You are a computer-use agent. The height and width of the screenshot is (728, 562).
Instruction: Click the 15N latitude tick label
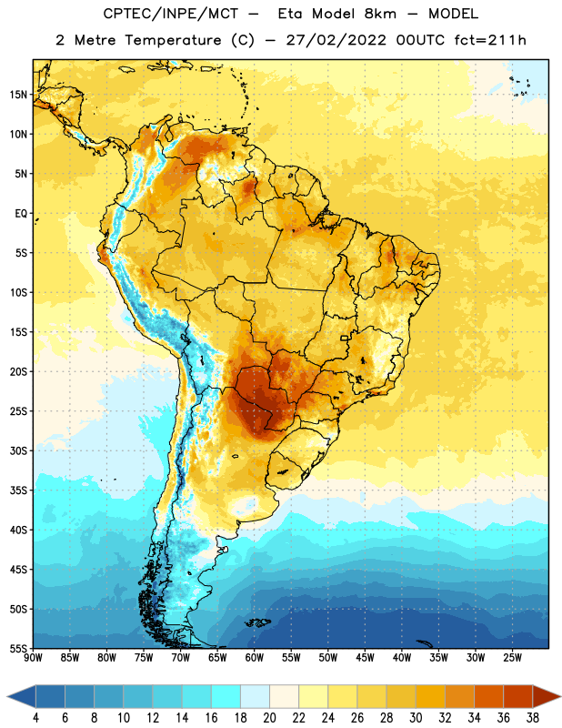[x=18, y=95]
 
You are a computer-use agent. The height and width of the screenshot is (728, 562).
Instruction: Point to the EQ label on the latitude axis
[x=21, y=214]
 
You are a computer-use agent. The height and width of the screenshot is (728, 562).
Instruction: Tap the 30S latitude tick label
[x=18, y=451]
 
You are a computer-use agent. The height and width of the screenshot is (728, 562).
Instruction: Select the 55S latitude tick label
[x=18, y=649]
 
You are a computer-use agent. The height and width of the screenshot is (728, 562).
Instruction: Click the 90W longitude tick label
[x=33, y=658]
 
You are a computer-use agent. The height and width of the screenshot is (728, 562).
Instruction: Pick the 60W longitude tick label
[x=255, y=658]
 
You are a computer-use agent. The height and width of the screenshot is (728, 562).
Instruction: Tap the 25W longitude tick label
[x=512, y=658]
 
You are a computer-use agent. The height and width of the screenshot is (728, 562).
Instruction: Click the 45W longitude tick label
[x=365, y=658]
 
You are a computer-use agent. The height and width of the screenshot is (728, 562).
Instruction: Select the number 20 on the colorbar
[x=269, y=718]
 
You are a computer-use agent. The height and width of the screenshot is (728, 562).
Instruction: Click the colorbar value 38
[x=532, y=718]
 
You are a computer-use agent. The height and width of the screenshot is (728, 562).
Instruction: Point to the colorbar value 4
[x=35, y=718]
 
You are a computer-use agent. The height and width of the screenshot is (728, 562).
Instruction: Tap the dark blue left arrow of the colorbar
[x=21, y=696]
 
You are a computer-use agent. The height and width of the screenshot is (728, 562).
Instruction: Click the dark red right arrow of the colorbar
[x=547, y=696]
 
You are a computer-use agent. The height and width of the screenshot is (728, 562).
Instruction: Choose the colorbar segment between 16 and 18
[x=226, y=696]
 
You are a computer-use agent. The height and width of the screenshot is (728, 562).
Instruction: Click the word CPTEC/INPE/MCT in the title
[x=170, y=14]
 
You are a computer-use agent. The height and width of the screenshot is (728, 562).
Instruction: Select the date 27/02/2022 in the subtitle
[x=336, y=40]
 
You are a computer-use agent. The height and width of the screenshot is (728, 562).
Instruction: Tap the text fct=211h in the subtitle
[x=490, y=40]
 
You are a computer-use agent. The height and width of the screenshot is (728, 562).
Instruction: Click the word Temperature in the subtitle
[x=173, y=41]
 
